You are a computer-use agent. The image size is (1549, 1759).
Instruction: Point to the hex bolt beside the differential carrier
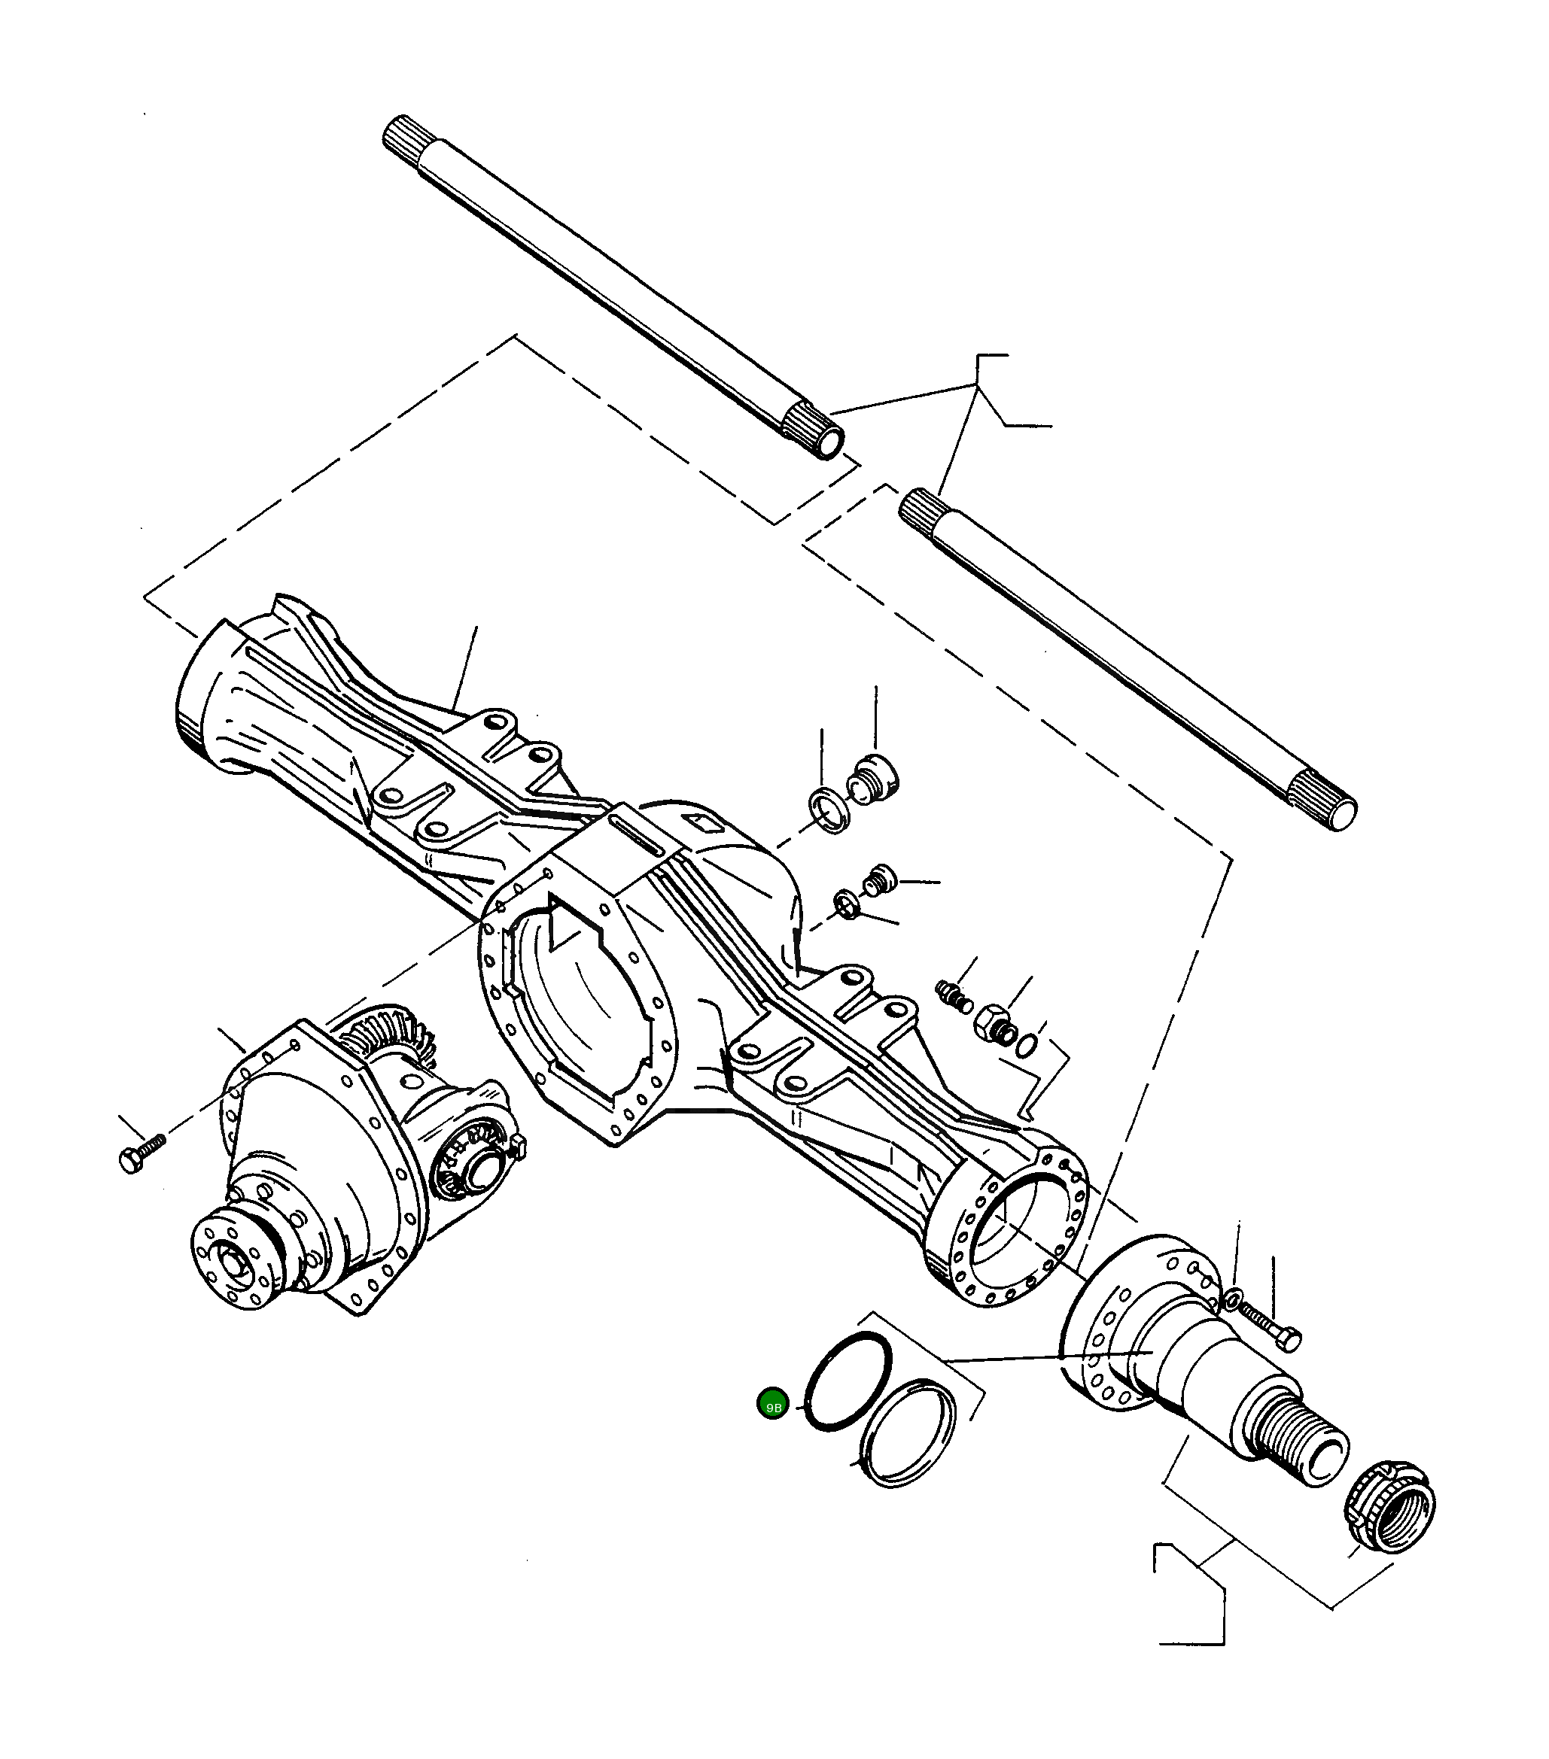click(139, 1153)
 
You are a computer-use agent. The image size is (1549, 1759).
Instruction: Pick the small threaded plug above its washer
click(880, 880)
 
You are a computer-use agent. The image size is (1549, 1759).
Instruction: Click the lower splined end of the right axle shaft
click(1326, 801)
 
